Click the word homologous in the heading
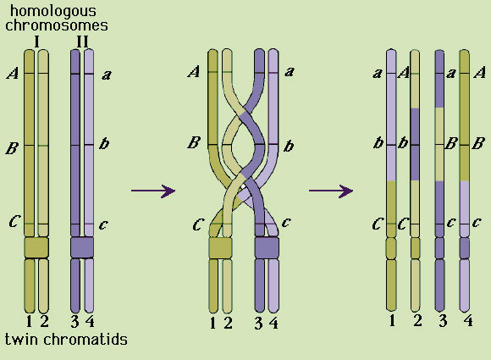pos(53,12)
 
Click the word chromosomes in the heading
pos(57,25)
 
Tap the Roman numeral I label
pos(37,42)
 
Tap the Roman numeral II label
pos(82,42)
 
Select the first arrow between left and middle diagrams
pos(153,191)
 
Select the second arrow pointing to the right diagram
pos(331,191)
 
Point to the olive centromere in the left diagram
pos(36,247)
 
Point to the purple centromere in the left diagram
pos(82,247)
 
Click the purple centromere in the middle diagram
pos(267,247)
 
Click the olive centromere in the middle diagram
pos(221,247)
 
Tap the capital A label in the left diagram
pos(13,74)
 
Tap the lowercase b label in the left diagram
pos(104,143)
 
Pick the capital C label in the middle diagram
pos(198,224)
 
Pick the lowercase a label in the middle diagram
pos(290,72)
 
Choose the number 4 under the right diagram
pos(468,320)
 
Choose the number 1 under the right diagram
pos(392,320)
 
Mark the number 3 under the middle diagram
pos(258,323)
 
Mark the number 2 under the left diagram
pos(44,322)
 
